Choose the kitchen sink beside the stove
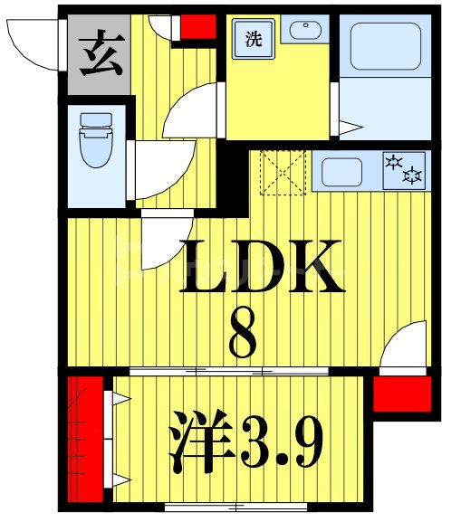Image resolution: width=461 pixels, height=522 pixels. point(343,171)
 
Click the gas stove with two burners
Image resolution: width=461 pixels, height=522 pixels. point(403,169)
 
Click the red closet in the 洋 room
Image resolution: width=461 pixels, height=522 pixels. point(87,438)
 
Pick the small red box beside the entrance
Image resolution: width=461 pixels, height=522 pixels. point(197,26)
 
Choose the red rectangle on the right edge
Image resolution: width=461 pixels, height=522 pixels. point(400,394)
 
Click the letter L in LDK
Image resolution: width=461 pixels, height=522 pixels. point(204,268)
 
